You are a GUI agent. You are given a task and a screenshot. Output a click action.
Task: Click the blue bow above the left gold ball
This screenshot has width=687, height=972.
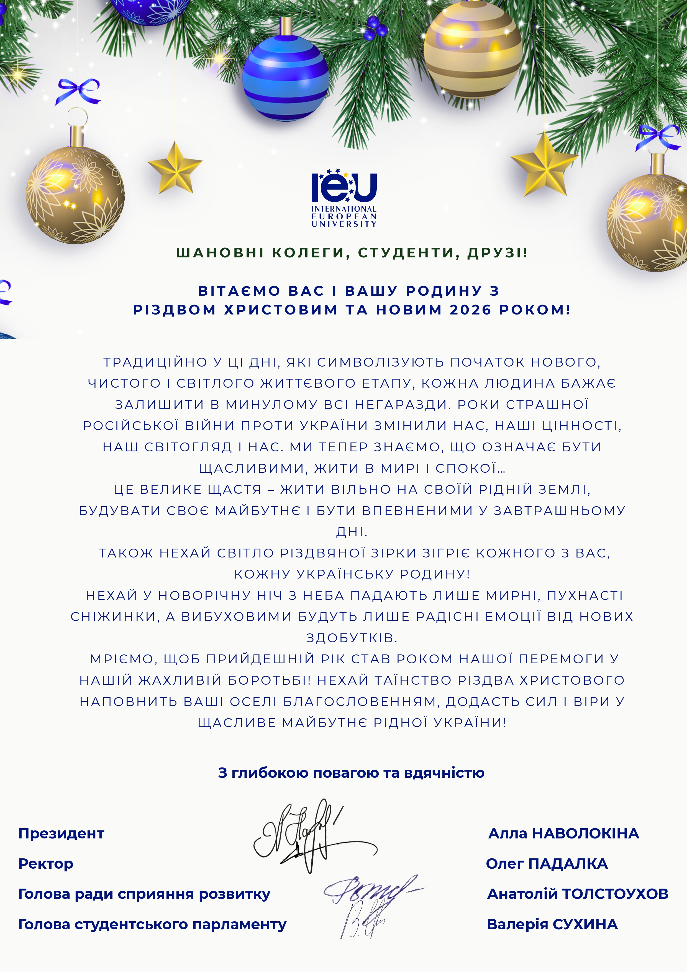(78, 91)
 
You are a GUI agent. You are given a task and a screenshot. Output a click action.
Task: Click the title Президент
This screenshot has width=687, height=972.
(61, 833)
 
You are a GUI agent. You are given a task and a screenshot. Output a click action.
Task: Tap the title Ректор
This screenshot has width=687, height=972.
(46, 864)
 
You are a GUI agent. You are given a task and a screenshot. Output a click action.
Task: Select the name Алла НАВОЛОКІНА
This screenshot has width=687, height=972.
(563, 833)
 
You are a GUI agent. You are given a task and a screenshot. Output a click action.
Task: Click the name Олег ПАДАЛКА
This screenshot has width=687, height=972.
(547, 864)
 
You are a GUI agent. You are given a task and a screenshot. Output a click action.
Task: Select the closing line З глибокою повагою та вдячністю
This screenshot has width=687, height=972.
(351, 773)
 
